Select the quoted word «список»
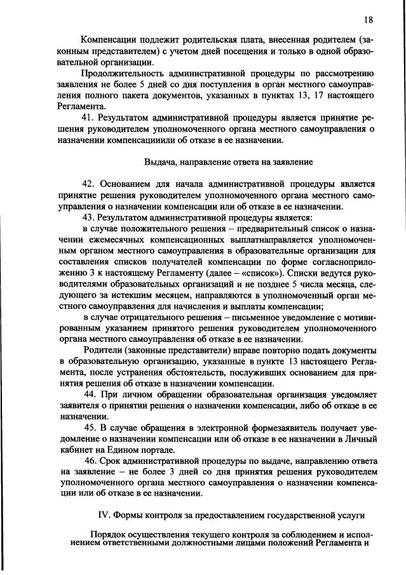[x=266, y=273]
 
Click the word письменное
[x=236, y=317]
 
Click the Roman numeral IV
[x=102, y=515]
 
